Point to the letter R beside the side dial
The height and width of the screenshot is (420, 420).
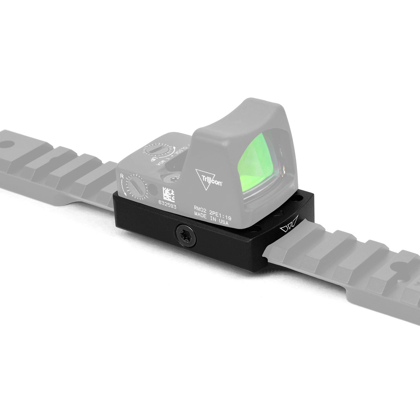point(122,177)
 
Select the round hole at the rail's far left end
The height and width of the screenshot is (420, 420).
point(7,144)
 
